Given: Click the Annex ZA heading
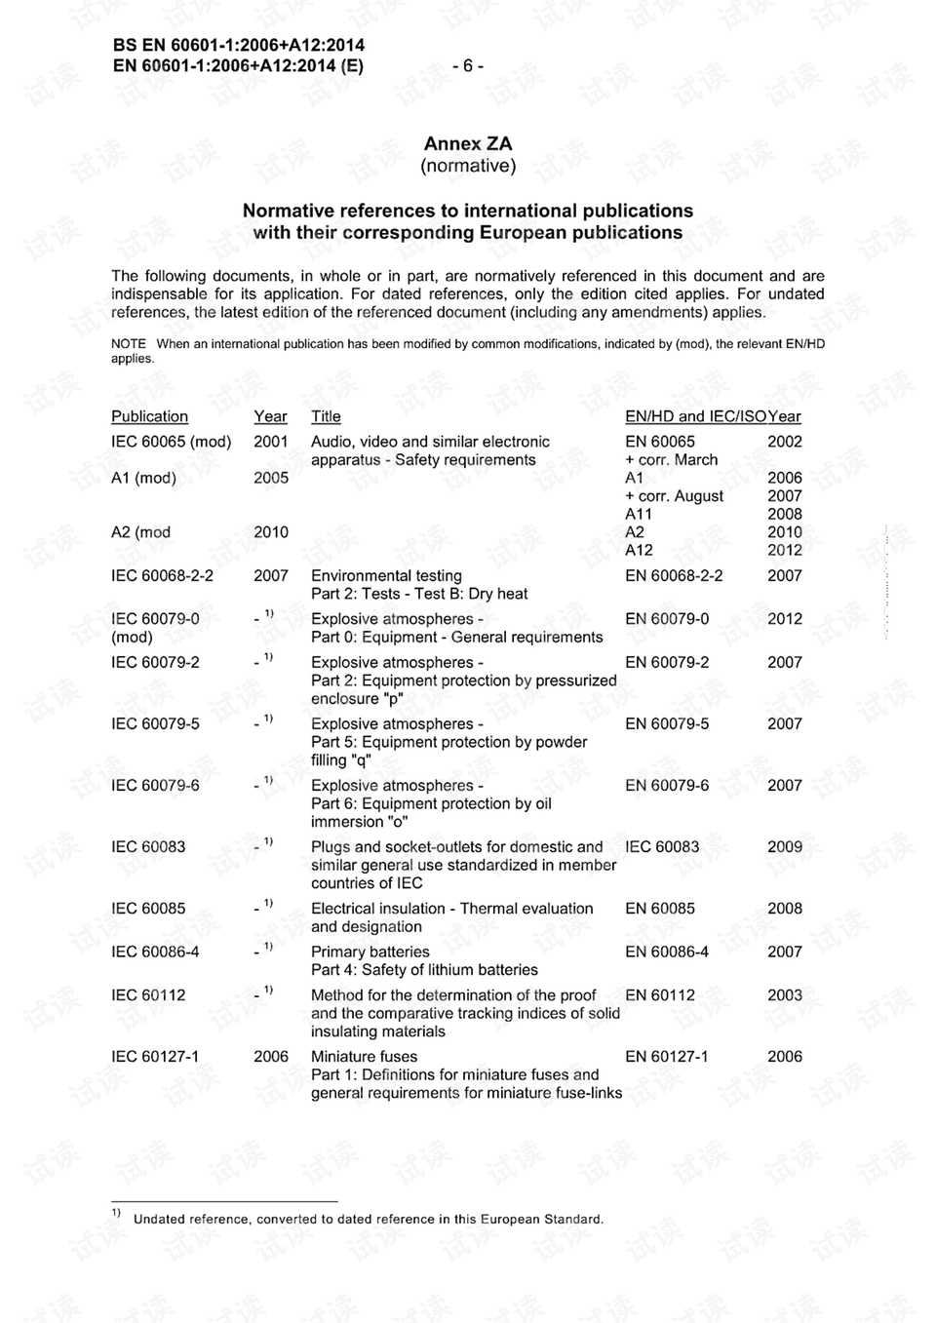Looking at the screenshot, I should point(468,144).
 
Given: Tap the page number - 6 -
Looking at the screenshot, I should point(468,65).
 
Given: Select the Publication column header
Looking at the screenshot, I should point(149,416).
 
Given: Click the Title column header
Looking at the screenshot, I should point(326,416).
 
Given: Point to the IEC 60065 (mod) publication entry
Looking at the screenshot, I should point(171,442).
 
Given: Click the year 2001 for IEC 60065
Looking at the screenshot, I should point(271,442).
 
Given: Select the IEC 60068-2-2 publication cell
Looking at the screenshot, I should point(162,575).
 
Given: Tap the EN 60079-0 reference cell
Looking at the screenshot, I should point(667,618).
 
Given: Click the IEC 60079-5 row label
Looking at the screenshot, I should point(155,723).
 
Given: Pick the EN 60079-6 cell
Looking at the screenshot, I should point(667,785).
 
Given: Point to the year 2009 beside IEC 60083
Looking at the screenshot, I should point(784,846).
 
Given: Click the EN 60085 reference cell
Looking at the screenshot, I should point(660,908).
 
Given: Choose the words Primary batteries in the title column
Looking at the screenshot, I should point(370,952).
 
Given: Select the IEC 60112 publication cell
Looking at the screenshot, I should point(148,994).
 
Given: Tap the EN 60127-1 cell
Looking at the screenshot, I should point(667,1056).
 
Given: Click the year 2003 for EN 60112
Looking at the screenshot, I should point(784,994).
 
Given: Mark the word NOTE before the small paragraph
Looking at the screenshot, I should point(128,344).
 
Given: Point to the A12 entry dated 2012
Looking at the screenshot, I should point(639,550).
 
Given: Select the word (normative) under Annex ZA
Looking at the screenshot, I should point(468,166).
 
